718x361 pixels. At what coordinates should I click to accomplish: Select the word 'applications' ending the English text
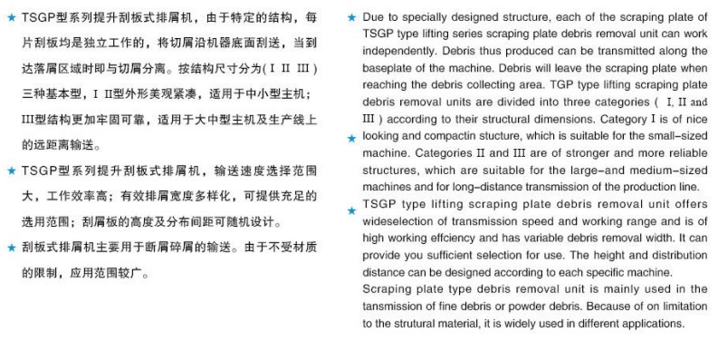coord(649,324)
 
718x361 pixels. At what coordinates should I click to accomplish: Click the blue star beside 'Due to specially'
coord(351,18)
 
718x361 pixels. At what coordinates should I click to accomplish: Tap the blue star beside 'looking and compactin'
coord(352,138)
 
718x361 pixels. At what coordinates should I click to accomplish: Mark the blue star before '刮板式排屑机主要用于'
coord(11,247)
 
